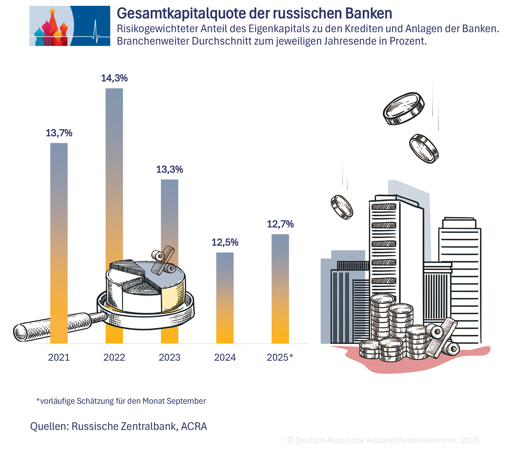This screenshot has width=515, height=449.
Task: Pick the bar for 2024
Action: click(x=225, y=297)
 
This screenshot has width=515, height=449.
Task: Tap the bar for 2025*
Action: click(x=280, y=288)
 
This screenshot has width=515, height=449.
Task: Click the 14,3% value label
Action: click(x=114, y=78)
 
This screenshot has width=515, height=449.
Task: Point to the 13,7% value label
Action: click(x=59, y=133)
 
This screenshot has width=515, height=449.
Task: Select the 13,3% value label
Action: click(x=170, y=169)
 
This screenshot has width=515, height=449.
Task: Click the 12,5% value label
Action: click(x=225, y=243)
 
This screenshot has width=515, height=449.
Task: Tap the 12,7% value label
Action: click(x=280, y=224)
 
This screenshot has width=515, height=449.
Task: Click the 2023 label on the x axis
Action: click(x=170, y=357)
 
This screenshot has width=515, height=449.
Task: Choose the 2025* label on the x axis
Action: click(x=280, y=357)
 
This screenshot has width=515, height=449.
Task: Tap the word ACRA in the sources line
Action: click(x=194, y=426)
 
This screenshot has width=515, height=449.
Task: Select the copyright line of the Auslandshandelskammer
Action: click(x=383, y=440)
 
